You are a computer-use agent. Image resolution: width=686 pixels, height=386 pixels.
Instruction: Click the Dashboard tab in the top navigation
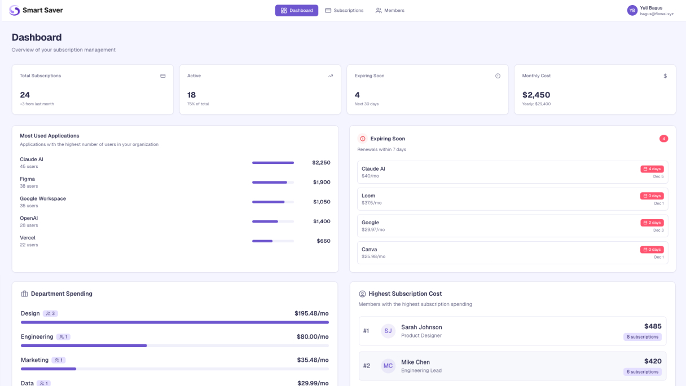coord(296,11)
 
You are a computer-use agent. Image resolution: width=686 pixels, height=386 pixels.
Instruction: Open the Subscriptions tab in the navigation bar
coord(344,11)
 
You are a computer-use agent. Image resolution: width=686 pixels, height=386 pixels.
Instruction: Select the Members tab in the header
coord(390,11)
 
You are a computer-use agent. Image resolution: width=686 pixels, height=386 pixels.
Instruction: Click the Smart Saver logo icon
coord(15,11)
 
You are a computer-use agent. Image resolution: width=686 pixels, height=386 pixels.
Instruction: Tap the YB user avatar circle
coord(632,11)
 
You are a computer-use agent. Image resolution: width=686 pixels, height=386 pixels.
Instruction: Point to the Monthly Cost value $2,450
coord(536,95)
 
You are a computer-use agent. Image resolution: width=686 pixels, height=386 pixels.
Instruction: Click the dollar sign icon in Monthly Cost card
coord(665,76)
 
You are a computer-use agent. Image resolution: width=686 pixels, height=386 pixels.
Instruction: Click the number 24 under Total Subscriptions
coord(25,95)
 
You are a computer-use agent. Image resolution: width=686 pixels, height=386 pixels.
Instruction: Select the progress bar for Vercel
coord(273,241)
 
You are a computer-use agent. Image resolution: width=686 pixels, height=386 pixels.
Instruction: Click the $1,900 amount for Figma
coord(322,182)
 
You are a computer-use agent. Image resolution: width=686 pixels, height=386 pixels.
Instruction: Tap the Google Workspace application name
coord(43,198)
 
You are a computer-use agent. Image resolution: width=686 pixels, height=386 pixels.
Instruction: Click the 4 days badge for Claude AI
coord(652,169)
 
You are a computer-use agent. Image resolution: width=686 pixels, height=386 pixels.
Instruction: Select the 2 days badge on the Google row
coord(652,223)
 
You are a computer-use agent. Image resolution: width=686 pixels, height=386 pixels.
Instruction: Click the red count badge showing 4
coord(663,139)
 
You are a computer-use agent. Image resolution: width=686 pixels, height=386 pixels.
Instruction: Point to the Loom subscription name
coord(368,196)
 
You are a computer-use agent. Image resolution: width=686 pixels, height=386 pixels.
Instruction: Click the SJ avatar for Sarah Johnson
coord(388,331)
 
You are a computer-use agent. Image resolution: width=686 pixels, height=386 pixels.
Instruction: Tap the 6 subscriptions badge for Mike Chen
coord(643,372)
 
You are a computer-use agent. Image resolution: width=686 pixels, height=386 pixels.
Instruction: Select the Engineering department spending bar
coord(175,345)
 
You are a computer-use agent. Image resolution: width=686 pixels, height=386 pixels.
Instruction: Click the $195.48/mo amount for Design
coord(311,313)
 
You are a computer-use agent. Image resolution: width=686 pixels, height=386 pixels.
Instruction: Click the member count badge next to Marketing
coord(59,360)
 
